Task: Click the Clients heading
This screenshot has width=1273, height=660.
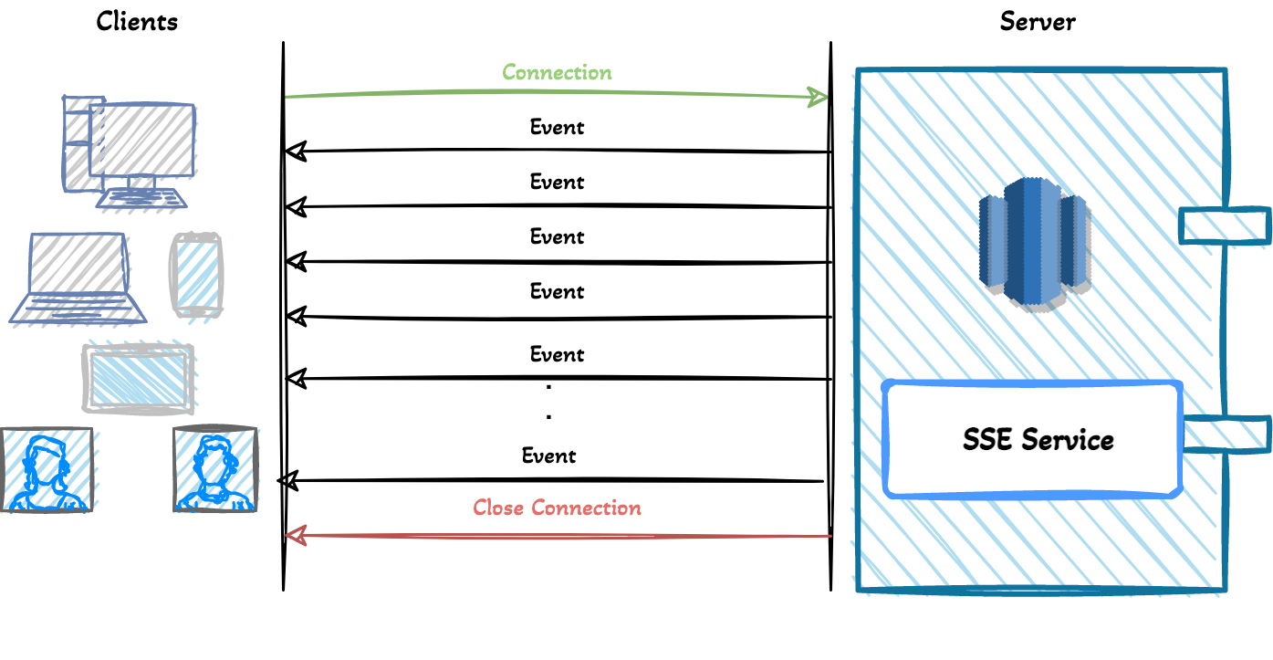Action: pyautogui.click(x=137, y=21)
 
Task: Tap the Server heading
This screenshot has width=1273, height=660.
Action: pyautogui.click(x=1038, y=21)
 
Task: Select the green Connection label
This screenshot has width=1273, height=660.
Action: pyautogui.click(x=557, y=72)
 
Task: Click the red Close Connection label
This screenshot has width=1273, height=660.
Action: pyautogui.click(x=557, y=508)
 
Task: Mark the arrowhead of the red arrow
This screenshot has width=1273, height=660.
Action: pyautogui.click(x=294, y=536)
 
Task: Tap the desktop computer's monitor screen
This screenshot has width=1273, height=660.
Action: pyautogui.click(x=141, y=140)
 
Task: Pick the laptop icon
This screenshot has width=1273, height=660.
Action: pyautogui.click(x=78, y=278)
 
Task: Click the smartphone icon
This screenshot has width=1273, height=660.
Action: pyautogui.click(x=196, y=275)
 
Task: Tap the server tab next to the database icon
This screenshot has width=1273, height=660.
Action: pyautogui.click(x=1224, y=225)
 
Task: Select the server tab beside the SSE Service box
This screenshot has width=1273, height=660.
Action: pyautogui.click(x=1226, y=434)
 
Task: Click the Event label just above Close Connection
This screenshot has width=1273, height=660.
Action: pyautogui.click(x=548, y=455)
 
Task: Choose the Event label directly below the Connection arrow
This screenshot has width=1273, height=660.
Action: pyautogui.click(x=557, y=127)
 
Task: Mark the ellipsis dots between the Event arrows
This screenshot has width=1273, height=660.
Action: pyautogui.click(x=548, y=402)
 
